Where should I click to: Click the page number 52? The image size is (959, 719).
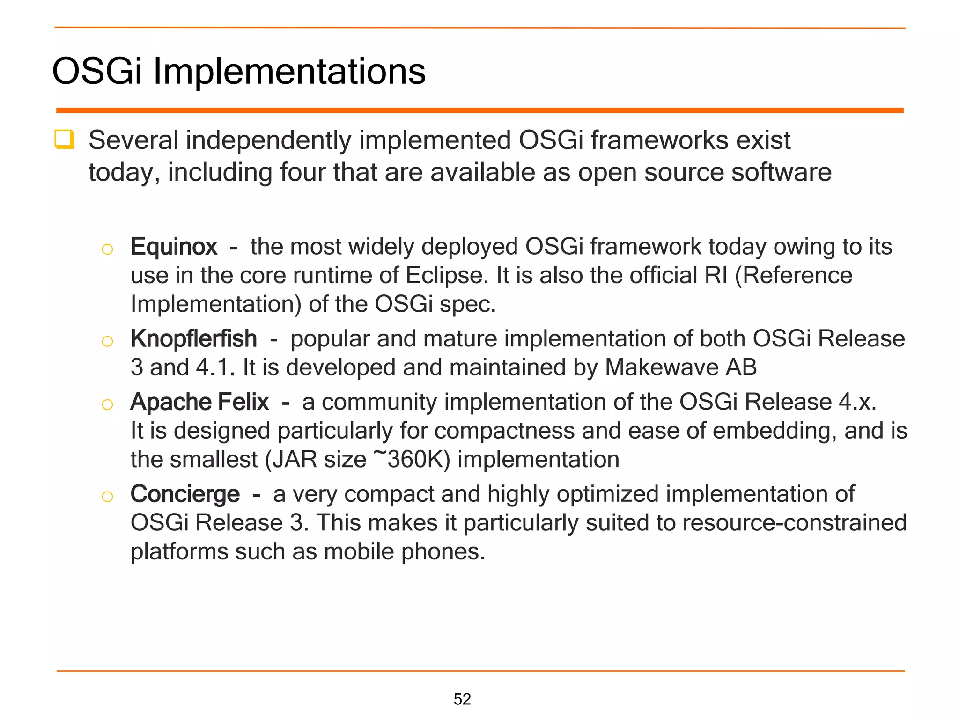462,699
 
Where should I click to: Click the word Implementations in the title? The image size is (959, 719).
289,72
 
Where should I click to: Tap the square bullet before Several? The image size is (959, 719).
64,139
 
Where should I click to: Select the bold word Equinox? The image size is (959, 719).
174,247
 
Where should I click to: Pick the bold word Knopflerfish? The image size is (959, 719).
194,338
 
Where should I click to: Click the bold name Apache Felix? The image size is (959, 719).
199,402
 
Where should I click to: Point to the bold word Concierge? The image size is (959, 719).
185,494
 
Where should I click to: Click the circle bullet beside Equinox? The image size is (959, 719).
107,249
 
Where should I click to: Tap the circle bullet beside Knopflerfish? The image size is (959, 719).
107,341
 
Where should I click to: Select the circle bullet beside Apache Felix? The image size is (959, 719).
107,404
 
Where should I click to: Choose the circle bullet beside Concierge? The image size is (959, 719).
107,497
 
